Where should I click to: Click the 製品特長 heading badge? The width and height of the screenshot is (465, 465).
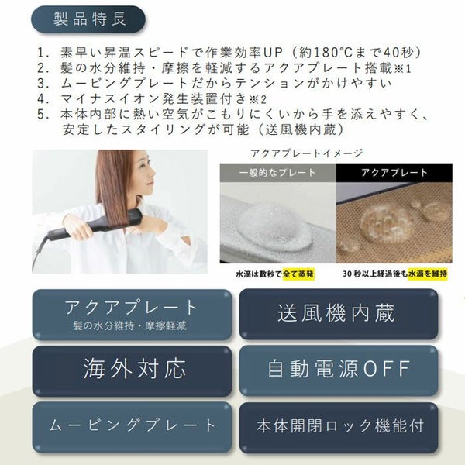[88, 19]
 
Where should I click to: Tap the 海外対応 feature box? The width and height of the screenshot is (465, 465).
[132, 370]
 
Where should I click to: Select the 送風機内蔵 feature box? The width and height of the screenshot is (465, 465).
[339, 314]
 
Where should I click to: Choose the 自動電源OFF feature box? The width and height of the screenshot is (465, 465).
[339, 370]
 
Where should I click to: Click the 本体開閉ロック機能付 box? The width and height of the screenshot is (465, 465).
[339, 427]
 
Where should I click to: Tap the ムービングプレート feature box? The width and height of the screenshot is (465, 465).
[132, 427]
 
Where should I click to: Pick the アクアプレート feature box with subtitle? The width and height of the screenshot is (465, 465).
[132, 315]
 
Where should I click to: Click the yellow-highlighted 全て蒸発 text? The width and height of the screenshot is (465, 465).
[298, 274]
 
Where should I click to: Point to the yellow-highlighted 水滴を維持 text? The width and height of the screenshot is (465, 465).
[428, 274]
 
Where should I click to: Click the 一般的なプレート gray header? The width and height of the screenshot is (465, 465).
[277, 173]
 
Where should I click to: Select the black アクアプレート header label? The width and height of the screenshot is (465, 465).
[394, 173]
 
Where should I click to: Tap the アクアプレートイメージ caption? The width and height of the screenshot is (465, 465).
[307, 153]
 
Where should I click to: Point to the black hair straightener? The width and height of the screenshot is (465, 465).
[95, 226]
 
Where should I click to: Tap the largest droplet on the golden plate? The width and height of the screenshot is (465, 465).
[385, 221]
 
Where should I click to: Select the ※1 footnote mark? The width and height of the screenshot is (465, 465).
[402, 69]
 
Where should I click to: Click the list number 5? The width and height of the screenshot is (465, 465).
[42, 115]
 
